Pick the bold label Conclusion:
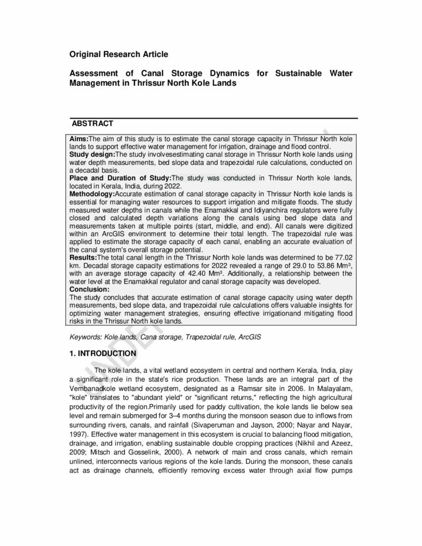click(89, 290)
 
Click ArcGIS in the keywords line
click(250, 338)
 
